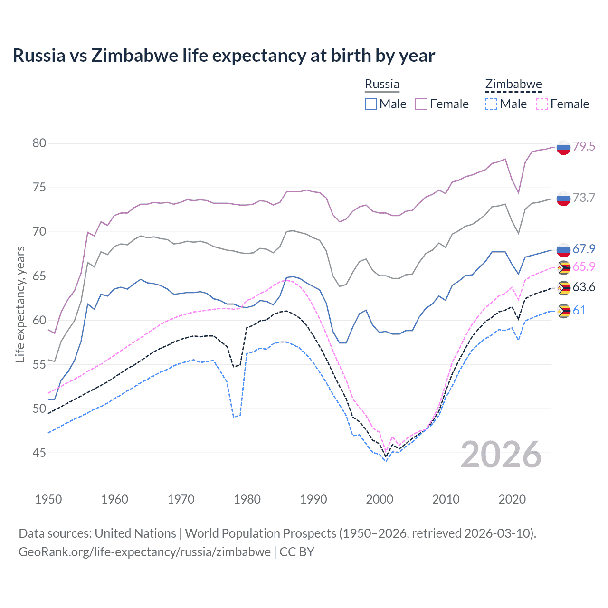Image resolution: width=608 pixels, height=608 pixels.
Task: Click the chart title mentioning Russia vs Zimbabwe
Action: (x=224, y=56)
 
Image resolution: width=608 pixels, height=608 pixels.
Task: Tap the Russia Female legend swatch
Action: (x=421, y=104)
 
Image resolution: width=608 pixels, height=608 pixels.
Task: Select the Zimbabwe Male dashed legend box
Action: (x=491, y=104)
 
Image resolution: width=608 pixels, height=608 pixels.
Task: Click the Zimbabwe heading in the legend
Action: (x=513, y=85)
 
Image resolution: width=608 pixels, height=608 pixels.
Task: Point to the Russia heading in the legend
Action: (x=382, y=84)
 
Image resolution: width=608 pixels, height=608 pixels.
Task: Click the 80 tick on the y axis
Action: (x=39, y=143)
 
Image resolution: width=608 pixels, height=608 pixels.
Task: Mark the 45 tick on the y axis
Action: (x=39, y=453)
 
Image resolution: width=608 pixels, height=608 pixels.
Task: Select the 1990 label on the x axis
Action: (x=313, y=499)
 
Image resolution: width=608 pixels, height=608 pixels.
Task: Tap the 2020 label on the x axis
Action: (x=512, y=499)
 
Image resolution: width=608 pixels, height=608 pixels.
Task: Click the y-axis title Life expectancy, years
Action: (x=20, y=304)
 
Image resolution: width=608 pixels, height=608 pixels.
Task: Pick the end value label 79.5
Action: (x=584, y=146)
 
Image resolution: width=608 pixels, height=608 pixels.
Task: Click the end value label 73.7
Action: (x=584, y=198)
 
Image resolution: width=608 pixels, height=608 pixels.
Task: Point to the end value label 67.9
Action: (x=584, y=249)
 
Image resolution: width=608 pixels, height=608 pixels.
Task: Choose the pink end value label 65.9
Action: (x=584, y=266)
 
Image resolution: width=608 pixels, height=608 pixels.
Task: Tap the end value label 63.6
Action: (x=584, y=287)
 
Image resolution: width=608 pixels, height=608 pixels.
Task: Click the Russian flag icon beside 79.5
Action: (x=563, y=148)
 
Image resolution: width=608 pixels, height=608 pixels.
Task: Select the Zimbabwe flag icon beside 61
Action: (x=563, y=311)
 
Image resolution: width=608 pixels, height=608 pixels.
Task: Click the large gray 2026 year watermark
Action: (x=501, y=455)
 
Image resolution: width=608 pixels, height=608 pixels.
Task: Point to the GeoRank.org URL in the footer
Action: (x=144, y=552)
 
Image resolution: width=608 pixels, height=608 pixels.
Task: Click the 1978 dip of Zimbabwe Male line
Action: (x=234, y=417)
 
